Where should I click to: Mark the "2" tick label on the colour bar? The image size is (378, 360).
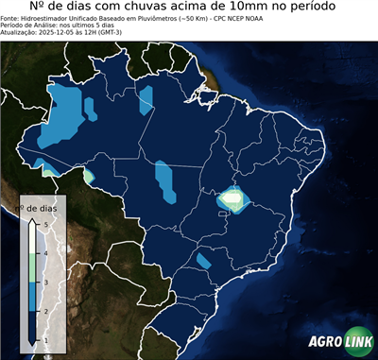46,310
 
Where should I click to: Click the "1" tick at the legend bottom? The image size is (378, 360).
46,338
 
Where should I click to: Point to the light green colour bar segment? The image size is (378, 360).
32,266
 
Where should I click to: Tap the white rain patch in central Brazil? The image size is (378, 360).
232,199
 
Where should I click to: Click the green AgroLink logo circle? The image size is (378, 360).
357,342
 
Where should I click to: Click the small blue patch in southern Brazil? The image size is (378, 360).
203,260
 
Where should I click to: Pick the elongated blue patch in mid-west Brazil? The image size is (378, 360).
165,181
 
